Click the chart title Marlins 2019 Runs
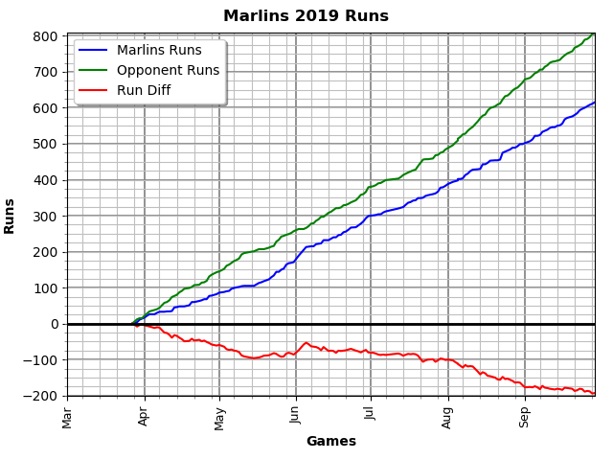306,16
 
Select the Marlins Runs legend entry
159,51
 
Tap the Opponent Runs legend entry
168,71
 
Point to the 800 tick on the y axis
46,36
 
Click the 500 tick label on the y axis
46,144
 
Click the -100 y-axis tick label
42,360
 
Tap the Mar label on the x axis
68,416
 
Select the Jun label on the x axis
296,414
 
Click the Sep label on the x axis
524,415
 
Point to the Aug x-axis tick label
448,415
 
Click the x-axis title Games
330,442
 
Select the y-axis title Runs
11,216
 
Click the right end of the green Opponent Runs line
594,34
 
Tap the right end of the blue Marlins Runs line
594,103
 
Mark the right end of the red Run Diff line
594,393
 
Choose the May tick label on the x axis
220,416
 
